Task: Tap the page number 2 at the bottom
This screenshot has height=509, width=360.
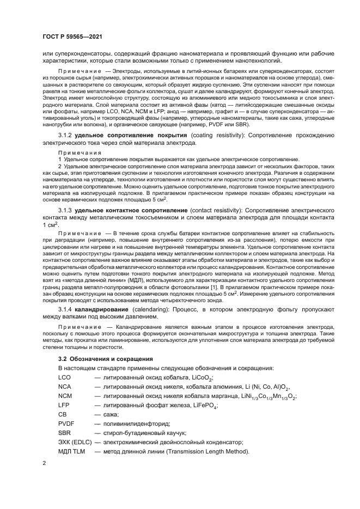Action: tap(45, 464)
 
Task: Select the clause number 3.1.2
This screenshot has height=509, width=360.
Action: tap(66, 134)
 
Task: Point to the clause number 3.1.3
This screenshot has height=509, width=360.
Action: tap(66, 209)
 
